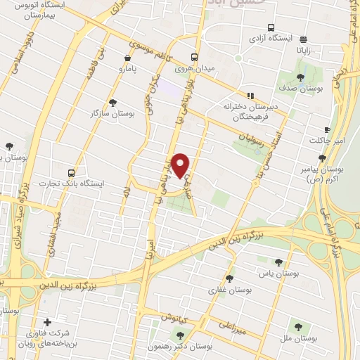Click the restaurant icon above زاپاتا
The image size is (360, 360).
(303, 40)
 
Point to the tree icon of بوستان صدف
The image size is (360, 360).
(300, 78)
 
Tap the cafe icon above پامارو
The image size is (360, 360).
(127, 58)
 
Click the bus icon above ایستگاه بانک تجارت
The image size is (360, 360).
(71, 172)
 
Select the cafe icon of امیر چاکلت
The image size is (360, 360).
(326, 129)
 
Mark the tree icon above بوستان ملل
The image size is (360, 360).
(299, 326)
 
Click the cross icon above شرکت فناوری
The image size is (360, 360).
(47, 322)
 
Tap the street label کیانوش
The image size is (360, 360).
(176, 316)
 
